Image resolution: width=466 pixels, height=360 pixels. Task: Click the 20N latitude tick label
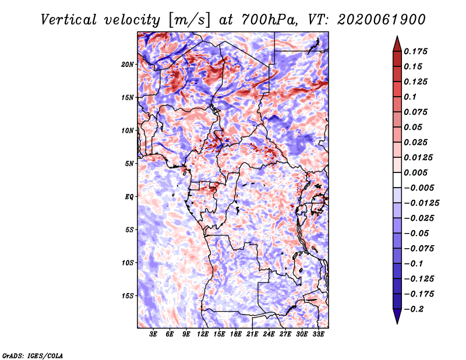[128, 64]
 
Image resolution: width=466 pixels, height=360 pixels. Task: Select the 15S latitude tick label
[128, 296]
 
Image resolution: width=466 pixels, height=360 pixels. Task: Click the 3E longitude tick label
[154, 335]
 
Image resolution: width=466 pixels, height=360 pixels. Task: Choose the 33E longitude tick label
[318, 335]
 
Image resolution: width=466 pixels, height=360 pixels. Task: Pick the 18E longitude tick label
[236, 335]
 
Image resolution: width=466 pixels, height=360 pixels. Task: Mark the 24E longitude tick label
[269, 335]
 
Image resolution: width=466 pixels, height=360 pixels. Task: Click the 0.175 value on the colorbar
[418, 51]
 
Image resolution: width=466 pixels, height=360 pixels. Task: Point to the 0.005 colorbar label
[418, 173]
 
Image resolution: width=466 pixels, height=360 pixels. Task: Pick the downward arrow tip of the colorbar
[396, 322]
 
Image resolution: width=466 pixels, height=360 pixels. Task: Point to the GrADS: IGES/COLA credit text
[32, 355]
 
